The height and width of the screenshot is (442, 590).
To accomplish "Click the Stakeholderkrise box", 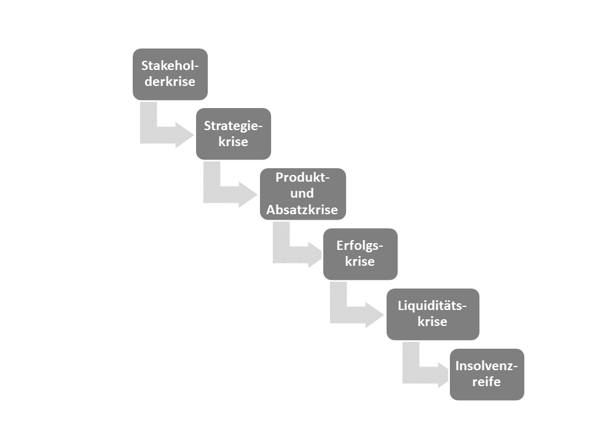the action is (x=170, y=74).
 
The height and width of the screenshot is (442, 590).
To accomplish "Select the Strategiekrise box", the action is (x=234, y=134).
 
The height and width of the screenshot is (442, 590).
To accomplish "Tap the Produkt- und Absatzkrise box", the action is (x=303, y=194).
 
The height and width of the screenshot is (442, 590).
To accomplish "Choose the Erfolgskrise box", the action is (x=360, y=254).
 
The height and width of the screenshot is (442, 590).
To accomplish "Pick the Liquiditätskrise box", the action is (x=433, y=314).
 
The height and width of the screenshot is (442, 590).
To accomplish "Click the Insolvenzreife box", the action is (x=487, y=374).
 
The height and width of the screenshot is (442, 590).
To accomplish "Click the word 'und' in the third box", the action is (x=302, y=193).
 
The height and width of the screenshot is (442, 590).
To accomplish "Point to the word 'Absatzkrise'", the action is (x=302, y=209).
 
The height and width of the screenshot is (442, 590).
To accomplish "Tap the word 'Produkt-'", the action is (x=302, y=177).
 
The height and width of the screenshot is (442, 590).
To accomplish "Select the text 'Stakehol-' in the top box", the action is (x=170, y=66).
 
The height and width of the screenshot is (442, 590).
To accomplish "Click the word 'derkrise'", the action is (x=170, y=81).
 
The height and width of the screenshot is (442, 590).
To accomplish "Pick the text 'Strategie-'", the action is (x=234, y=126).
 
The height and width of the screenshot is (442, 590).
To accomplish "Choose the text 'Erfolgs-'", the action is (x=360, y=246).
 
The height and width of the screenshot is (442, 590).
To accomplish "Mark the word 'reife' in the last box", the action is (x=487, y=381).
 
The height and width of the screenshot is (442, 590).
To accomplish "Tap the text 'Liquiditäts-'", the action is (x=432, y=306).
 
